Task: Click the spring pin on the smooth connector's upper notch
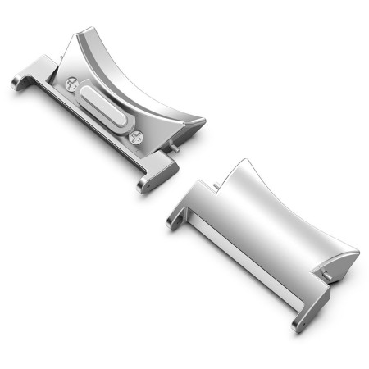pyautogui.click(x=216, y=187)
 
